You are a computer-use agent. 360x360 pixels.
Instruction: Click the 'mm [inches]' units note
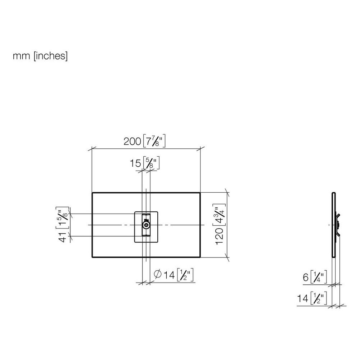click(x=40, y=56)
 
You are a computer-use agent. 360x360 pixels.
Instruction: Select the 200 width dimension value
click(x=132, y=141)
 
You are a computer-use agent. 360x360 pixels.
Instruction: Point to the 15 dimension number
click(x=135, y=163)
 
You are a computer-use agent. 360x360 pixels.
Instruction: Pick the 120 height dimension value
click(x=219, y=236)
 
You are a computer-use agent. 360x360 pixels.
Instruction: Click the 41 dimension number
click(x=63, y=237)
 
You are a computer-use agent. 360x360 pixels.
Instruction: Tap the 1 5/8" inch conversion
click(x=62, y=218)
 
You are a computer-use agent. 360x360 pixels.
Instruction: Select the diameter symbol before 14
click(x=158, y=274)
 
